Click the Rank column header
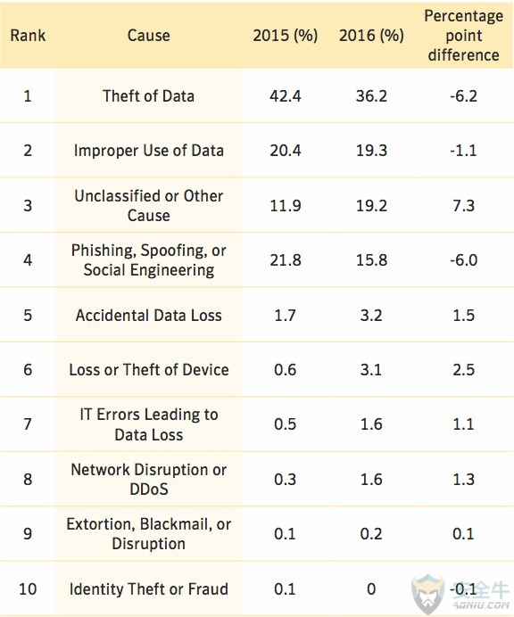pos(28,36)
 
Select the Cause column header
pos(148,36)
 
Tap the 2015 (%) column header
pos(286,36)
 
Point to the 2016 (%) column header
pos(371,36)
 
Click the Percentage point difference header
pos(464,36)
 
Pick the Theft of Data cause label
pos(148,96)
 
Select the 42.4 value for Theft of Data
pos(286,96)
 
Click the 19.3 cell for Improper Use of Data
pos(371,151)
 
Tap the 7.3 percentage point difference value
pos(464,205)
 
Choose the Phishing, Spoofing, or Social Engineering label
pos(148,260)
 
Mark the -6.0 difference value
pos(464,260)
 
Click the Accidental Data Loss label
pos(148,316)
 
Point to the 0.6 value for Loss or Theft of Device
pos(286,370)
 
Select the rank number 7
pos(28,424)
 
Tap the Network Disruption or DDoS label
pos(148,480)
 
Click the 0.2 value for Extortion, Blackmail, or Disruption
pos(371,534)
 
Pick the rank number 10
pos(28,589)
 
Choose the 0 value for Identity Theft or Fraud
pos(371,589)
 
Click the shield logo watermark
pos(427,594)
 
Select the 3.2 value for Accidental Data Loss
pos(371,316)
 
